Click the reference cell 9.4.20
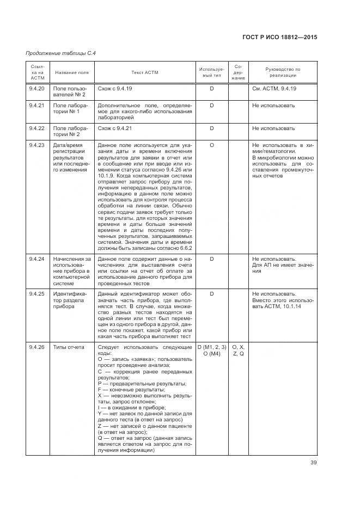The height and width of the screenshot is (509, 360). (x=36, y=89)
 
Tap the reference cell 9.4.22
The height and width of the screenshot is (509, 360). (x=36, y=128)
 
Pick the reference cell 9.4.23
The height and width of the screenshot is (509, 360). (x=36, y=145)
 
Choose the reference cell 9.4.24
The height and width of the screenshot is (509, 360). (x=36, y=259)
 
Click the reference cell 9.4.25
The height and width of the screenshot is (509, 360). (x=36, y=293)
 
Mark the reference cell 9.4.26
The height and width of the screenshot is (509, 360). (x=36, y=347)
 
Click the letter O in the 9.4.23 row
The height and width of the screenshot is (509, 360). (x=211, y=145)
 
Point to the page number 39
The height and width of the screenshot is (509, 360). (x=313, y=463)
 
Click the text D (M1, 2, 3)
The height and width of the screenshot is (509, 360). (x=211, y=347)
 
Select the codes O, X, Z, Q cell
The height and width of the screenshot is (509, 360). (x=238, y=350)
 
